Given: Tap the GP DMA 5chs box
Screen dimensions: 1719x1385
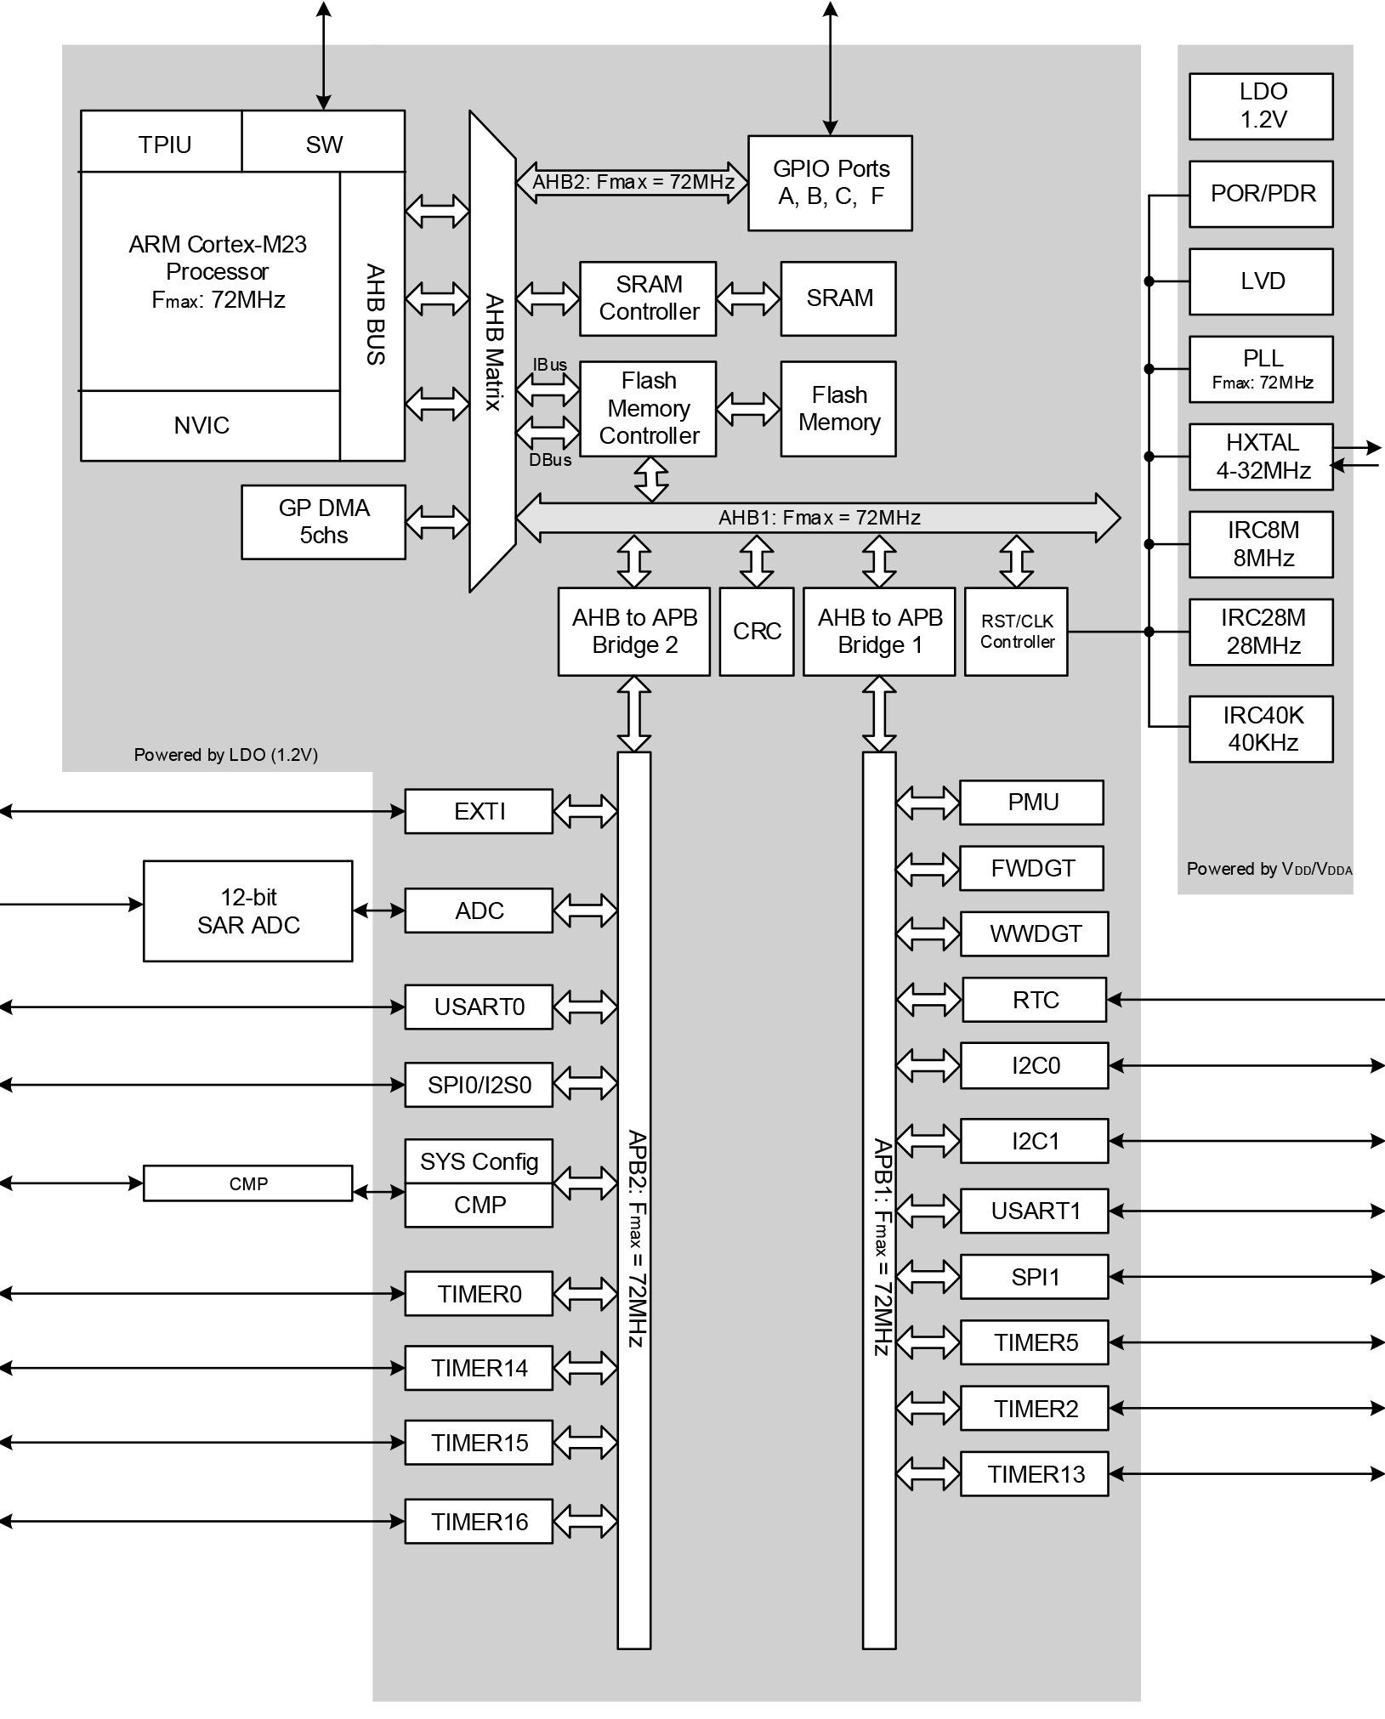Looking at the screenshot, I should point(323,522).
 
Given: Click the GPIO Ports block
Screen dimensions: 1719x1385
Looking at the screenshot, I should point(830,183).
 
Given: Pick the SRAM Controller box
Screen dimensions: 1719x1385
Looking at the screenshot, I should point(648,298).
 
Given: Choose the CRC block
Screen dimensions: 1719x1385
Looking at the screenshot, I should point(757,632).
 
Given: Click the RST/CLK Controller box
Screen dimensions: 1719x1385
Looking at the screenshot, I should point(1016,632).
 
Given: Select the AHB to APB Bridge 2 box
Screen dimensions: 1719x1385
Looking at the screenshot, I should point(634,632).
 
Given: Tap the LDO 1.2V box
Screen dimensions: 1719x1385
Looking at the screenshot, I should point(1261,106).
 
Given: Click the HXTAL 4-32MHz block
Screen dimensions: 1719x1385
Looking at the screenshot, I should point(1261,457).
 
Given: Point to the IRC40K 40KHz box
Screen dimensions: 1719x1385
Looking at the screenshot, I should point(1261,729).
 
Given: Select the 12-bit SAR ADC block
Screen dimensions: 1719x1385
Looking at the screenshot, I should point(247,911).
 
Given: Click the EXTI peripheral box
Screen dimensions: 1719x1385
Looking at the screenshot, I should point(479,811).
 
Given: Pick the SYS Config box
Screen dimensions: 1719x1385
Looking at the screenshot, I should point(479,1161).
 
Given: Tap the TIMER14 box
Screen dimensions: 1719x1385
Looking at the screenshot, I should point(479,1368).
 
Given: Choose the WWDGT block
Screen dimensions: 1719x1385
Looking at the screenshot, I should point(1034,933).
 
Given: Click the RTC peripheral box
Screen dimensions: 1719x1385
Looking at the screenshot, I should point(1034,1000).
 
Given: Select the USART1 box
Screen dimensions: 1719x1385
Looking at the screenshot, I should point(1034,1211).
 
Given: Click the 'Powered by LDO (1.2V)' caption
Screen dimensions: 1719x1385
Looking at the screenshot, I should point(226,755).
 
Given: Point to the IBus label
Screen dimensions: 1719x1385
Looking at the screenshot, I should point(549,365).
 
